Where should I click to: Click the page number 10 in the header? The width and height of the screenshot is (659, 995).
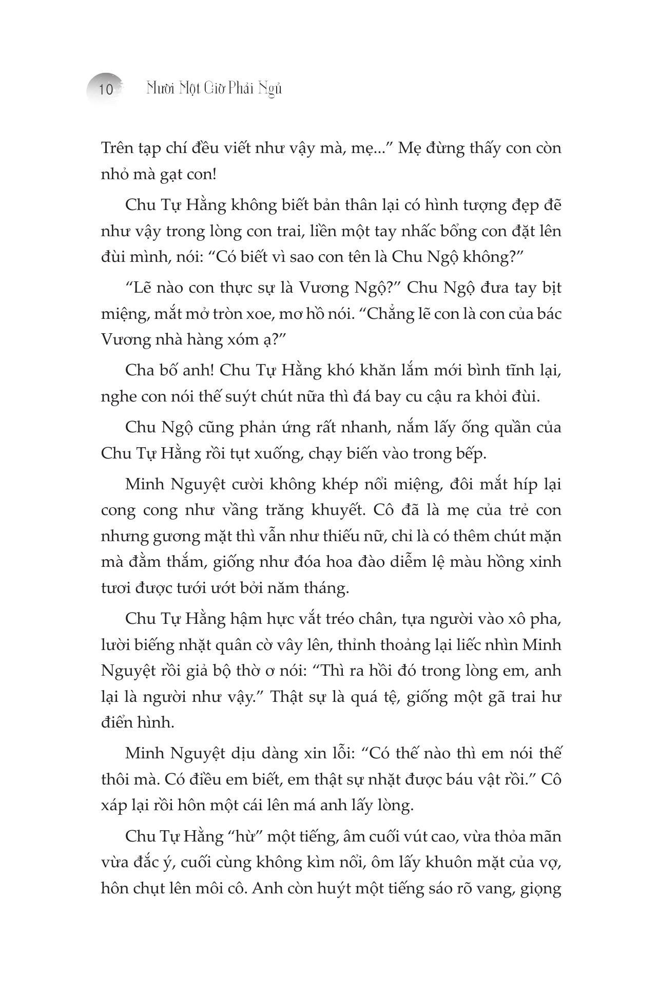coord(106,89)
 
